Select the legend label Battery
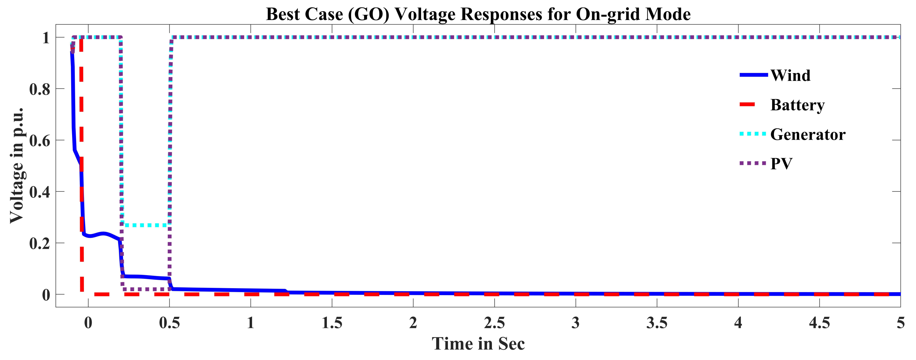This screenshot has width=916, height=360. click(797, 105)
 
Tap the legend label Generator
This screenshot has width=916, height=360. click(808, 135)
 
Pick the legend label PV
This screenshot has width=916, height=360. click(781, 164)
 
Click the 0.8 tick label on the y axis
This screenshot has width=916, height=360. click(39, 89)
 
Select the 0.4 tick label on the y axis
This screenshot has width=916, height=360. click(39, 192)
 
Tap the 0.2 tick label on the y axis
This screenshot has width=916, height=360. click(39, 244)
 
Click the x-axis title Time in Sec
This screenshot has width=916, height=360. click(478, 344)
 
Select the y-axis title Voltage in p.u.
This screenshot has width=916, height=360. click(16, 165)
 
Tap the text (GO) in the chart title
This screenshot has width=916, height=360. click(369, 14)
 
